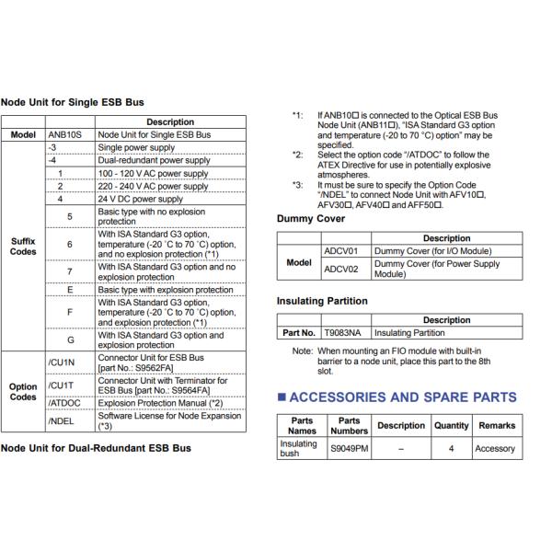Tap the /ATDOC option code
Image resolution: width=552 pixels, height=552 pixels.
(x=64, y=403)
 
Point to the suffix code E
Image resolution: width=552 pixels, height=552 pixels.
(x=70, y=290)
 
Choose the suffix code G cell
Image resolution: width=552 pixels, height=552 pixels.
(x=71, y=339)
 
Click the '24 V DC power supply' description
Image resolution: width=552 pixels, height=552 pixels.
(x=141, y=199)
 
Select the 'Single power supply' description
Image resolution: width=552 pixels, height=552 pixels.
(x=136, y=147)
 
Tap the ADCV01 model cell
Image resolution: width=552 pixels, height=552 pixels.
(x=340, y=251)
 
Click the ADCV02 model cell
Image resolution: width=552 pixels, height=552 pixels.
(x=340, y=269)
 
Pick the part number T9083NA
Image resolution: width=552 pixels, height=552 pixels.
(x=342, y=333)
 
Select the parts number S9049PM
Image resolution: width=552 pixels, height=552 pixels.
(x=350, y=449)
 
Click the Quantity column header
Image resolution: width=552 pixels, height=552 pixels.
(x=452, y=426)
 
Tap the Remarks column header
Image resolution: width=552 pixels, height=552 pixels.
(x=497, y=426)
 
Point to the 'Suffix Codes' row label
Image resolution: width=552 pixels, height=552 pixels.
(x=23, y=247)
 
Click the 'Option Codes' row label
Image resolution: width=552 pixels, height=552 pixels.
(x=23, y=392)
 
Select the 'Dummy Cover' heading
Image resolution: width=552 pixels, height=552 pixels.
(x=311, y=219)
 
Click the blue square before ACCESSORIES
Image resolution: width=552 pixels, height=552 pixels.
(x=282, y=397)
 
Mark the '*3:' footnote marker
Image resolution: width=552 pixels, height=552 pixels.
(x=297, y=185)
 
